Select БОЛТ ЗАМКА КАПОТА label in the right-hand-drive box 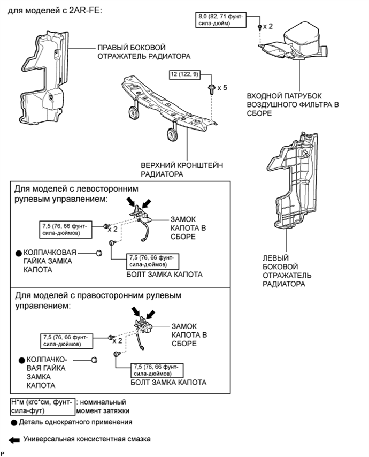[168, 383]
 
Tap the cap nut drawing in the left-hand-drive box [98, 253]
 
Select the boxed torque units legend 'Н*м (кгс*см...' [41, 406]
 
